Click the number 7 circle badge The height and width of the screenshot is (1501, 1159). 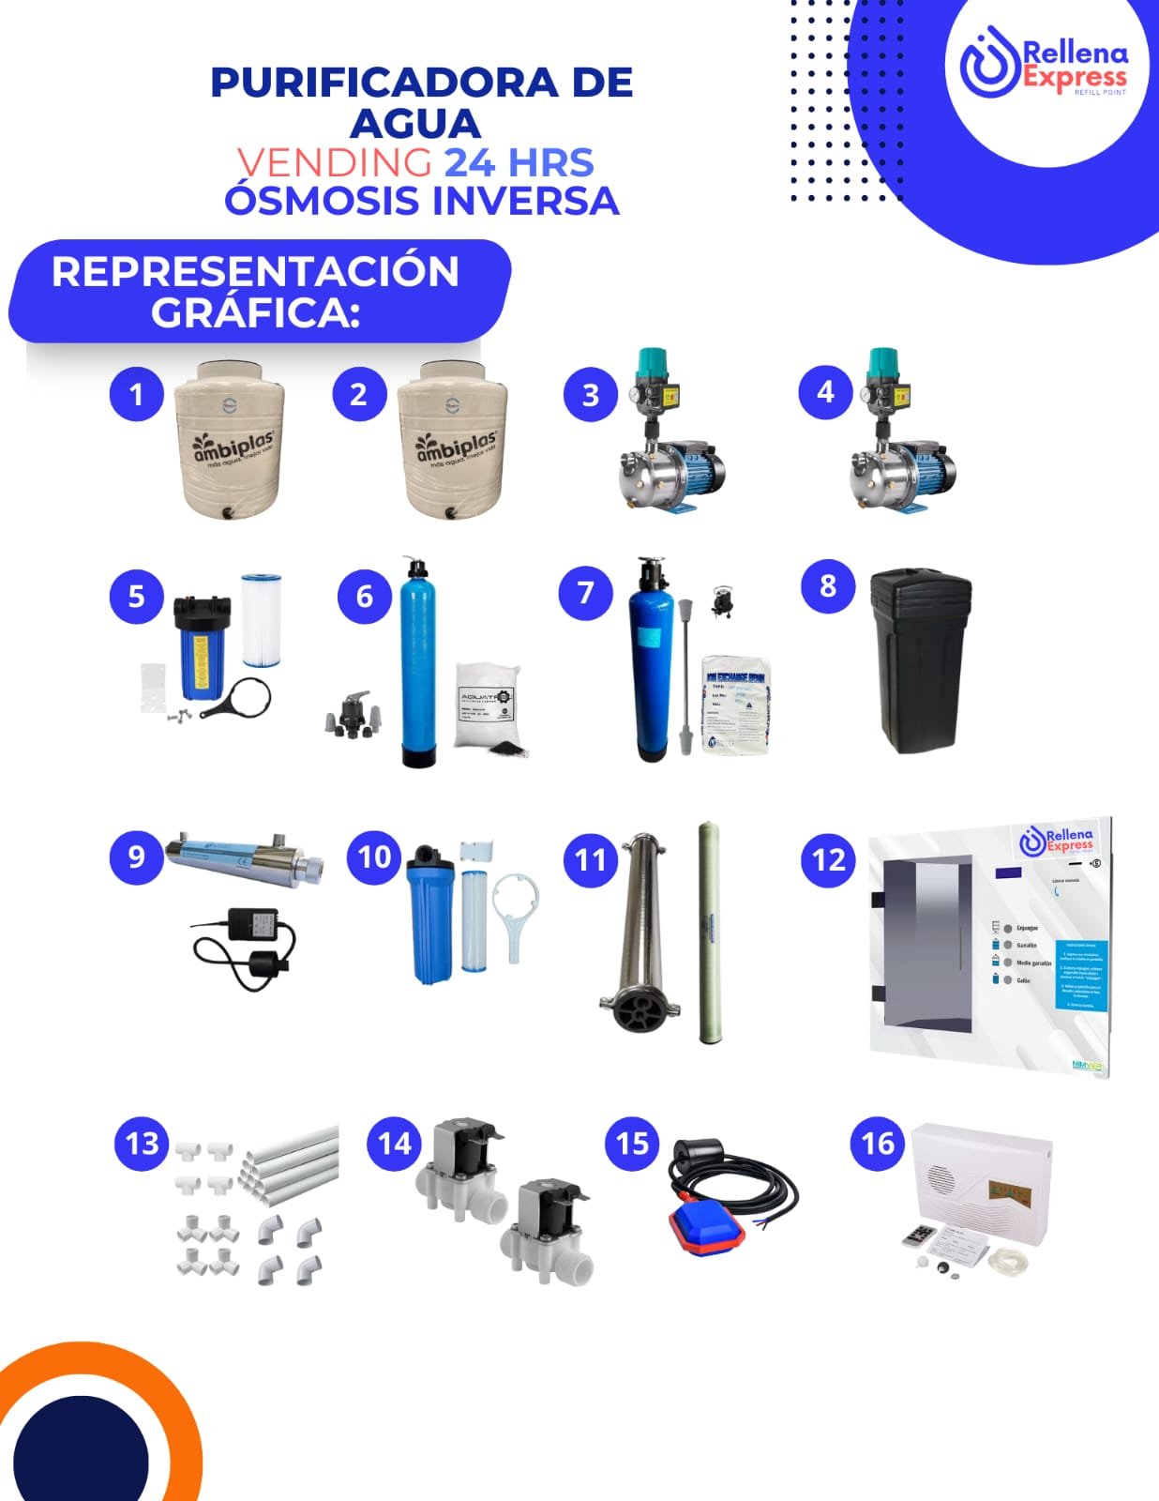[585, 593]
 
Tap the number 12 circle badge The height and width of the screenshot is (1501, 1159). [828, 859]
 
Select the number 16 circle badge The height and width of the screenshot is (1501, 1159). [878, 1143]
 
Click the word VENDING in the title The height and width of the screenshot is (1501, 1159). [334, 162]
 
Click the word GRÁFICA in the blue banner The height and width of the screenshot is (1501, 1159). [255, 312]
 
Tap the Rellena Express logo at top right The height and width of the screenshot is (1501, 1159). [1044, 67]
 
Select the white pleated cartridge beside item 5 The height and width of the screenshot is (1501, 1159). [261, 619]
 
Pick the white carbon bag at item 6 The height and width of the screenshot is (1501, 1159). [487, 704]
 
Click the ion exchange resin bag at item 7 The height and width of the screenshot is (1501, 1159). [737, 704]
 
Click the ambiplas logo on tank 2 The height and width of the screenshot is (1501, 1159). [456, 446]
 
